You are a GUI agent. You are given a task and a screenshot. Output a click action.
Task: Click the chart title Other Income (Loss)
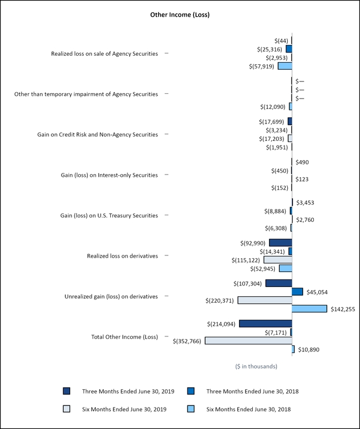point(180,14)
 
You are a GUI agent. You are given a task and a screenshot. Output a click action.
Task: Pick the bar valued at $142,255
point(309,308)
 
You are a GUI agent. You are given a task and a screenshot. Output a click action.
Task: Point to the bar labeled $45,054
point(297,291)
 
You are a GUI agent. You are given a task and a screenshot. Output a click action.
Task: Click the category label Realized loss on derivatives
point(122,256)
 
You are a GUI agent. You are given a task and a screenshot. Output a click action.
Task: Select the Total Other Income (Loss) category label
point(124,337)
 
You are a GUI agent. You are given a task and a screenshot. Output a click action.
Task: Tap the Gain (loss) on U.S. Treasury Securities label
point(109,215)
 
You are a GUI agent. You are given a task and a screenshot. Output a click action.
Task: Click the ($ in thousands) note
point(256,366)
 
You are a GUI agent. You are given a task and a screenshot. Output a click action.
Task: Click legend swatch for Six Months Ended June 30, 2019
point(66,409)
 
